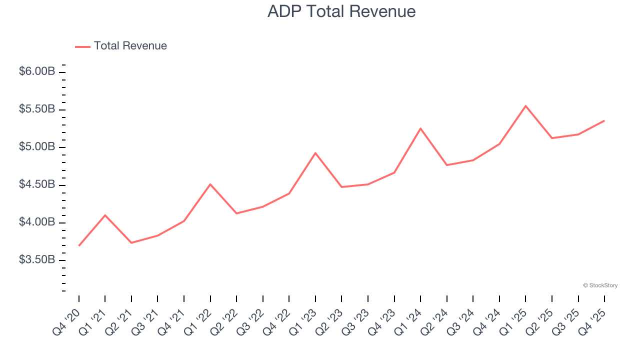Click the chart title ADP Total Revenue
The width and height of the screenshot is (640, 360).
tap(341, 11)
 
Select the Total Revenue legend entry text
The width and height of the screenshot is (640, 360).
tap(130, 46)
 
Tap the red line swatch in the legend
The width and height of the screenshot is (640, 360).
tap(82, 46)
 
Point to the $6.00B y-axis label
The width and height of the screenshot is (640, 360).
tap(37, 71)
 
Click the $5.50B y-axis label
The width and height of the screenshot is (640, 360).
tap(37, 109)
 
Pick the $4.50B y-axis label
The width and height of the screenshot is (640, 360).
tap(37, 184)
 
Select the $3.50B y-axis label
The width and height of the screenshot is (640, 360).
tap(37, 260)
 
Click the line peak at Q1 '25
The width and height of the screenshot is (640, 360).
tap(525, 106)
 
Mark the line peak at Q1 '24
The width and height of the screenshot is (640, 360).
tap(420, 128)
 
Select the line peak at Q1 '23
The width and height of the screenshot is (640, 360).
tap(315, 153)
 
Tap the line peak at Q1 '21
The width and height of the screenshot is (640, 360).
tap(105, 215)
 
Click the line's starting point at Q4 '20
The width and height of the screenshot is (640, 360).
tap(79, 245)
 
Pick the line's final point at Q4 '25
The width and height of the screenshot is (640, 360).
tap(604, 120)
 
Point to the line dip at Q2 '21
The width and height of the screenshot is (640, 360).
tap(131, 242)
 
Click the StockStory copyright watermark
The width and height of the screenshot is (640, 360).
tap(600, 285)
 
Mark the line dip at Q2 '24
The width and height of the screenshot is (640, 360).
tap(446, 165)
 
